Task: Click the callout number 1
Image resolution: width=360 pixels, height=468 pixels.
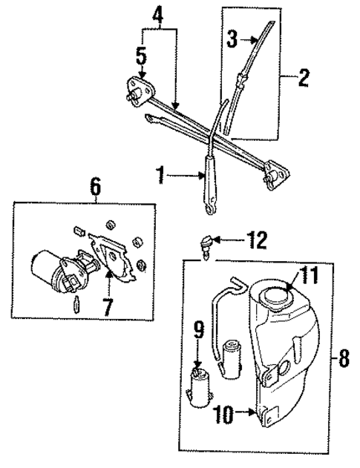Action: pyautogui.click(x=160, y=177)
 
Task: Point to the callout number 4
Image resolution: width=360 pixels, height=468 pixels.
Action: pyautogui.click(x=158, y=14)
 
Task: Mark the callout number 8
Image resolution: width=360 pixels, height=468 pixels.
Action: pyautogui.click(x=343, y=358)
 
